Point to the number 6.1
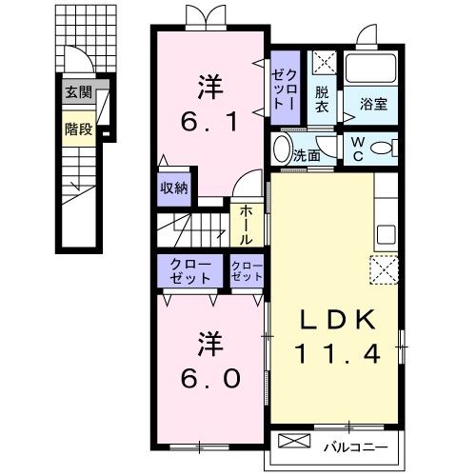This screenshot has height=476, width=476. pyautogui.click(x=210, y=120)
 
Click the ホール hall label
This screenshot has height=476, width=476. pyautogui.click(x=244, y=226)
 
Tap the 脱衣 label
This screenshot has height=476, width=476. pyautogui.click(x=323, y=99)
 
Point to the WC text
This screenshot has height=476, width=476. pyautogui.click(x=355, y=149)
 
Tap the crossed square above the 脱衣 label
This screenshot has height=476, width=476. pyautogui.click(x=324, y=66)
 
